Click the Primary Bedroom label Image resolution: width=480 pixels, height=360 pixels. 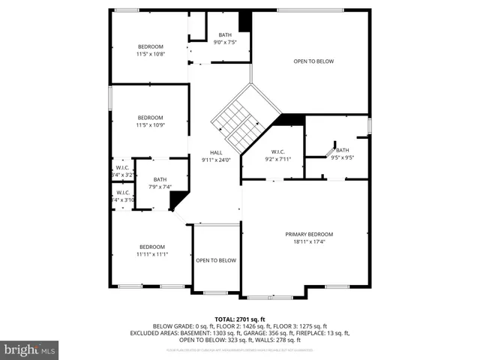309,234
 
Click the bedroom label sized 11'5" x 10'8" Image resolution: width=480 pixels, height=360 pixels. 150,46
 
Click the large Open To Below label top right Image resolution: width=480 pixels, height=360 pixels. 313,61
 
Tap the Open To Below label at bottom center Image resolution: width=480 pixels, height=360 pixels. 216,260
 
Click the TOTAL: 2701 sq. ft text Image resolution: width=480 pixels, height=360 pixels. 240,319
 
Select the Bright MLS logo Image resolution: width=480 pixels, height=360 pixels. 30,349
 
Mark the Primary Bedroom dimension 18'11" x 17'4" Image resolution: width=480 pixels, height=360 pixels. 309,241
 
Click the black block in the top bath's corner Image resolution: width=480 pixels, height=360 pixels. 244,22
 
